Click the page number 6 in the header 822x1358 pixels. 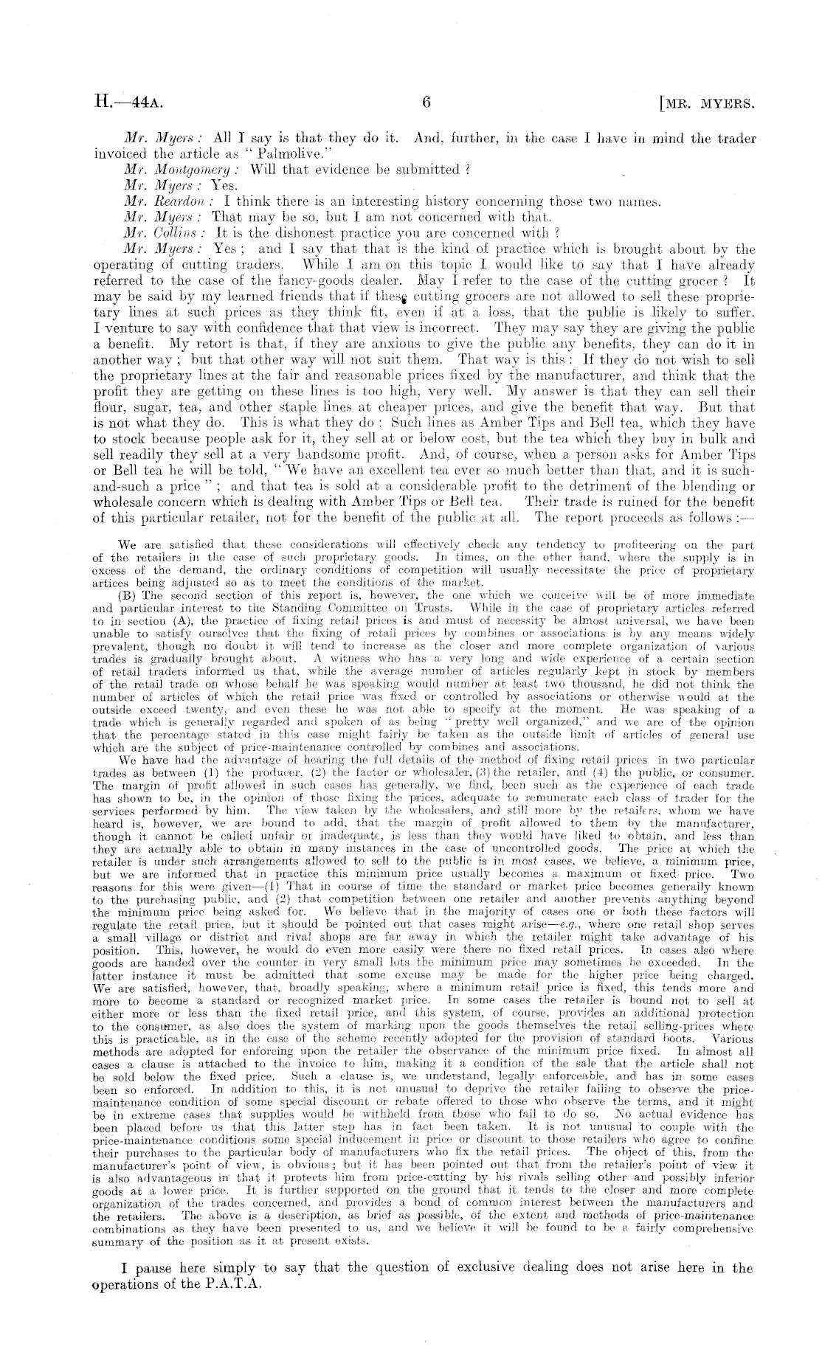[x=426, y=103]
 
